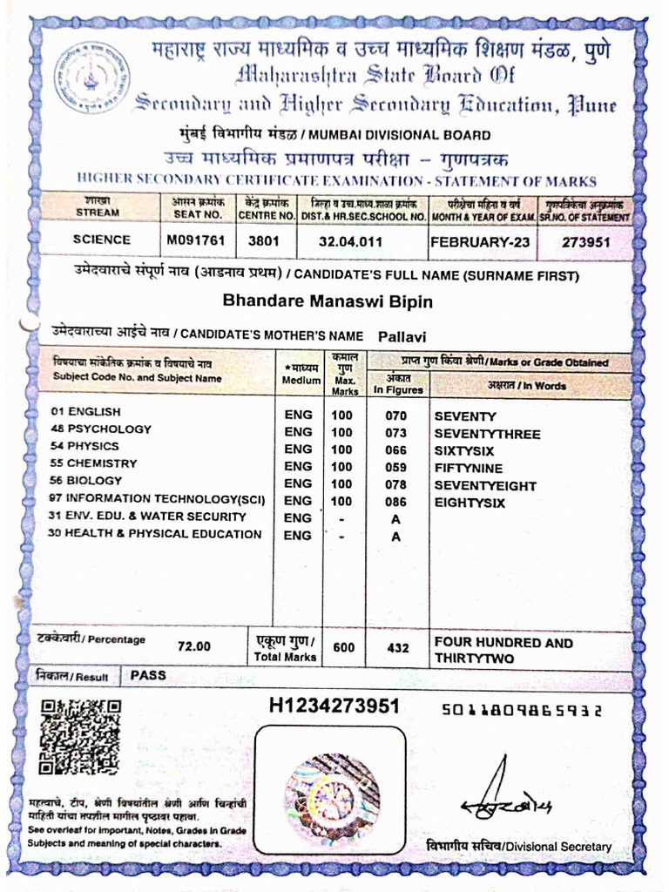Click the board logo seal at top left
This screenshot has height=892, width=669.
pos(92,78)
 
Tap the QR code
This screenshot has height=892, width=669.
pos(79,737)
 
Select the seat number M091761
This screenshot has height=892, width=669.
pos(196,240)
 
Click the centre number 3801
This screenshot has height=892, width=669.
pos(264,240)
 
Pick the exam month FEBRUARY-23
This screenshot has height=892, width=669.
pos(480,241)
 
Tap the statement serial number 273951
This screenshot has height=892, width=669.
pos(585,241)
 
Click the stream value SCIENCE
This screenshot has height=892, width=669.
pos(102,239)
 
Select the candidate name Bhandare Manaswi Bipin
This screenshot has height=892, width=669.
pos(328,301)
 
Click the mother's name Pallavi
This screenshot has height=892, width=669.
pos(402,336)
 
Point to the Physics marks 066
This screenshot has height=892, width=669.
pos(396,450)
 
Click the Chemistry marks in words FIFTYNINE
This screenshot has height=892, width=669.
pos(469,468)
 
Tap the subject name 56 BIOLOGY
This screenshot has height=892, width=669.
pos(86,481)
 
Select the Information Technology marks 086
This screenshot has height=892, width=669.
pos(396,502)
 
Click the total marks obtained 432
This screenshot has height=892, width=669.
pos(397,648)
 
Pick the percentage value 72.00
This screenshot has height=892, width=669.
pos(194,646)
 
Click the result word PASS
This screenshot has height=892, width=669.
pos(148,675)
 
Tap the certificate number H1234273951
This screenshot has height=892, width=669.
pos(334,706)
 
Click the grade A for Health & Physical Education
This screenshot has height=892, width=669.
pos(396,537)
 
